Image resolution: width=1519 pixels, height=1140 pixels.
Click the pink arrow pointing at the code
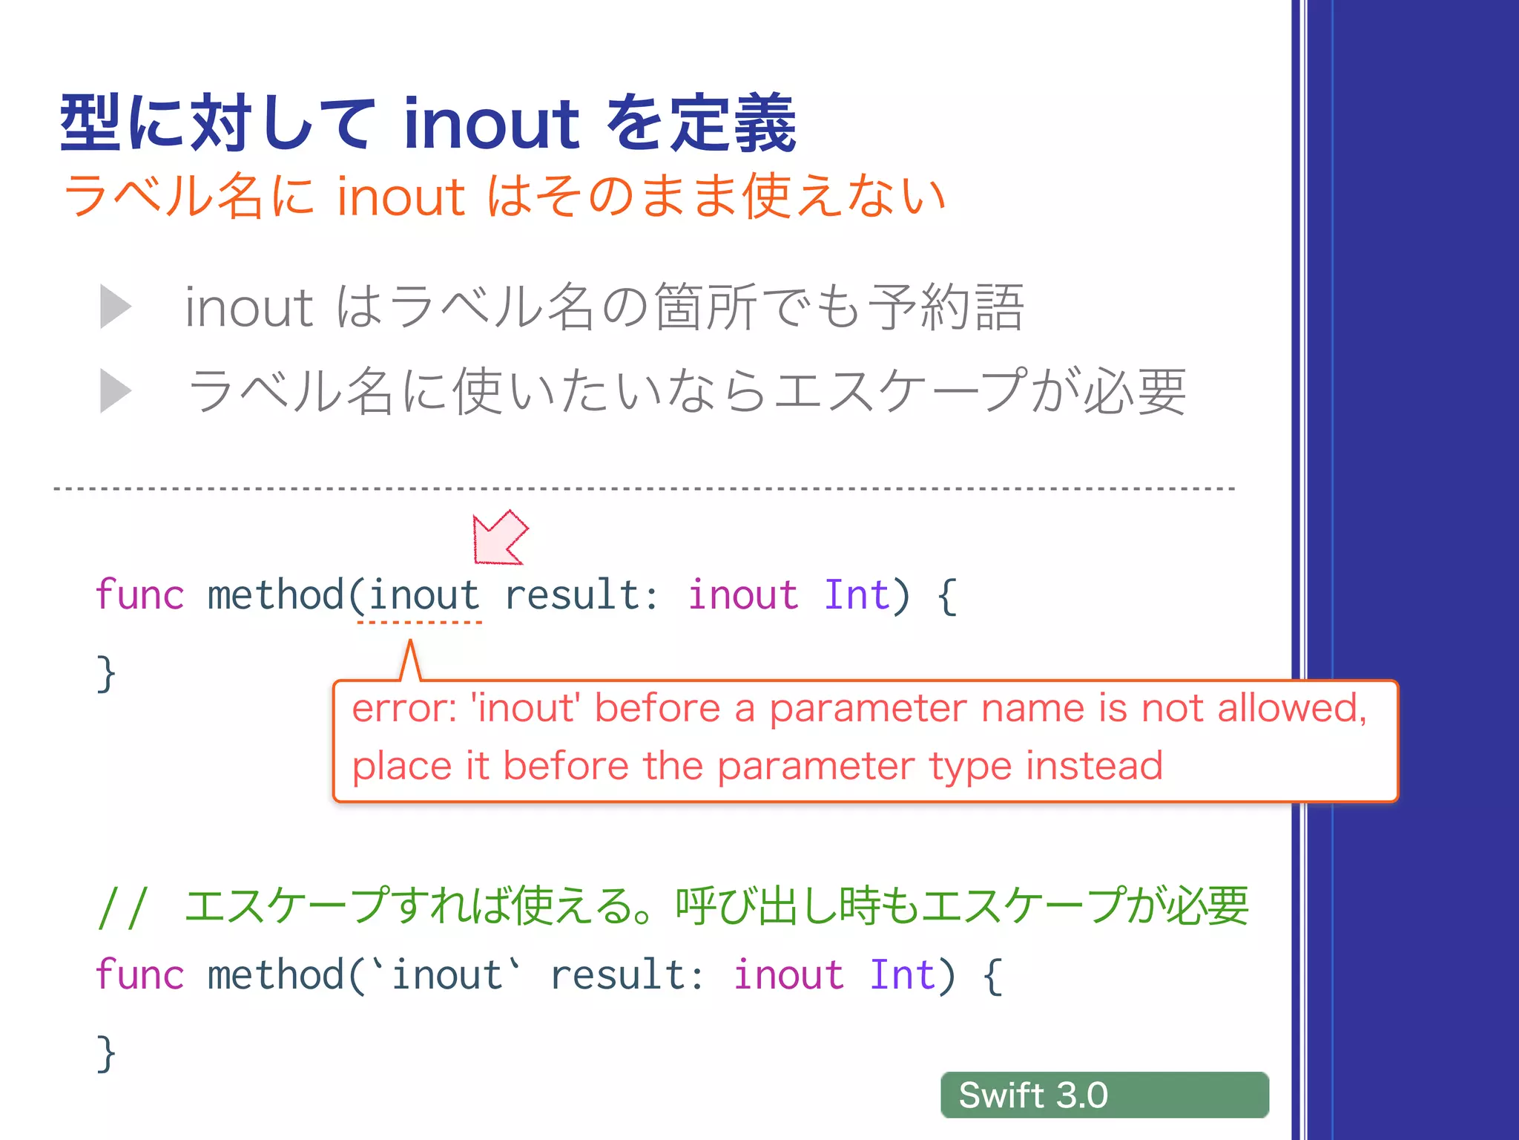tap(499, 538)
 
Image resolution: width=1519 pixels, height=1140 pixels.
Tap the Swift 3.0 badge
tap(1104, 1095)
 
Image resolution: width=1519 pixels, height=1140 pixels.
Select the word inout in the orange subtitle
tap(401, 197)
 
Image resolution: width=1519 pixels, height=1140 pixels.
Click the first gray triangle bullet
tap(116, 307)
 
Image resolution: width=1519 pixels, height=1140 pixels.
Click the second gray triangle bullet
tap(116, 391)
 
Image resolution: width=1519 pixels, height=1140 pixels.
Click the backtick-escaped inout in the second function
tap(447, 975)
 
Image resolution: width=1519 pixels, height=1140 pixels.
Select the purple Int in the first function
tap(857, 595)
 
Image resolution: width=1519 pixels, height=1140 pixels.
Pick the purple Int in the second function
tap(902, 975)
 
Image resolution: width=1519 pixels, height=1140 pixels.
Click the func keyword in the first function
tap(139, 595)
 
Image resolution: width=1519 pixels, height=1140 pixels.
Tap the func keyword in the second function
tap(139, 975)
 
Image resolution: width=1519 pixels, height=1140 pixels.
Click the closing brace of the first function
tap(106, 674)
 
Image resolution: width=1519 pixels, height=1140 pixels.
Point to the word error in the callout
tap(403, 709)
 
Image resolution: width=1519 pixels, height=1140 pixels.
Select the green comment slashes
tap(123, 907)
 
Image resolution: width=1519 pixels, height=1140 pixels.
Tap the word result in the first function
tap(572, 595)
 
